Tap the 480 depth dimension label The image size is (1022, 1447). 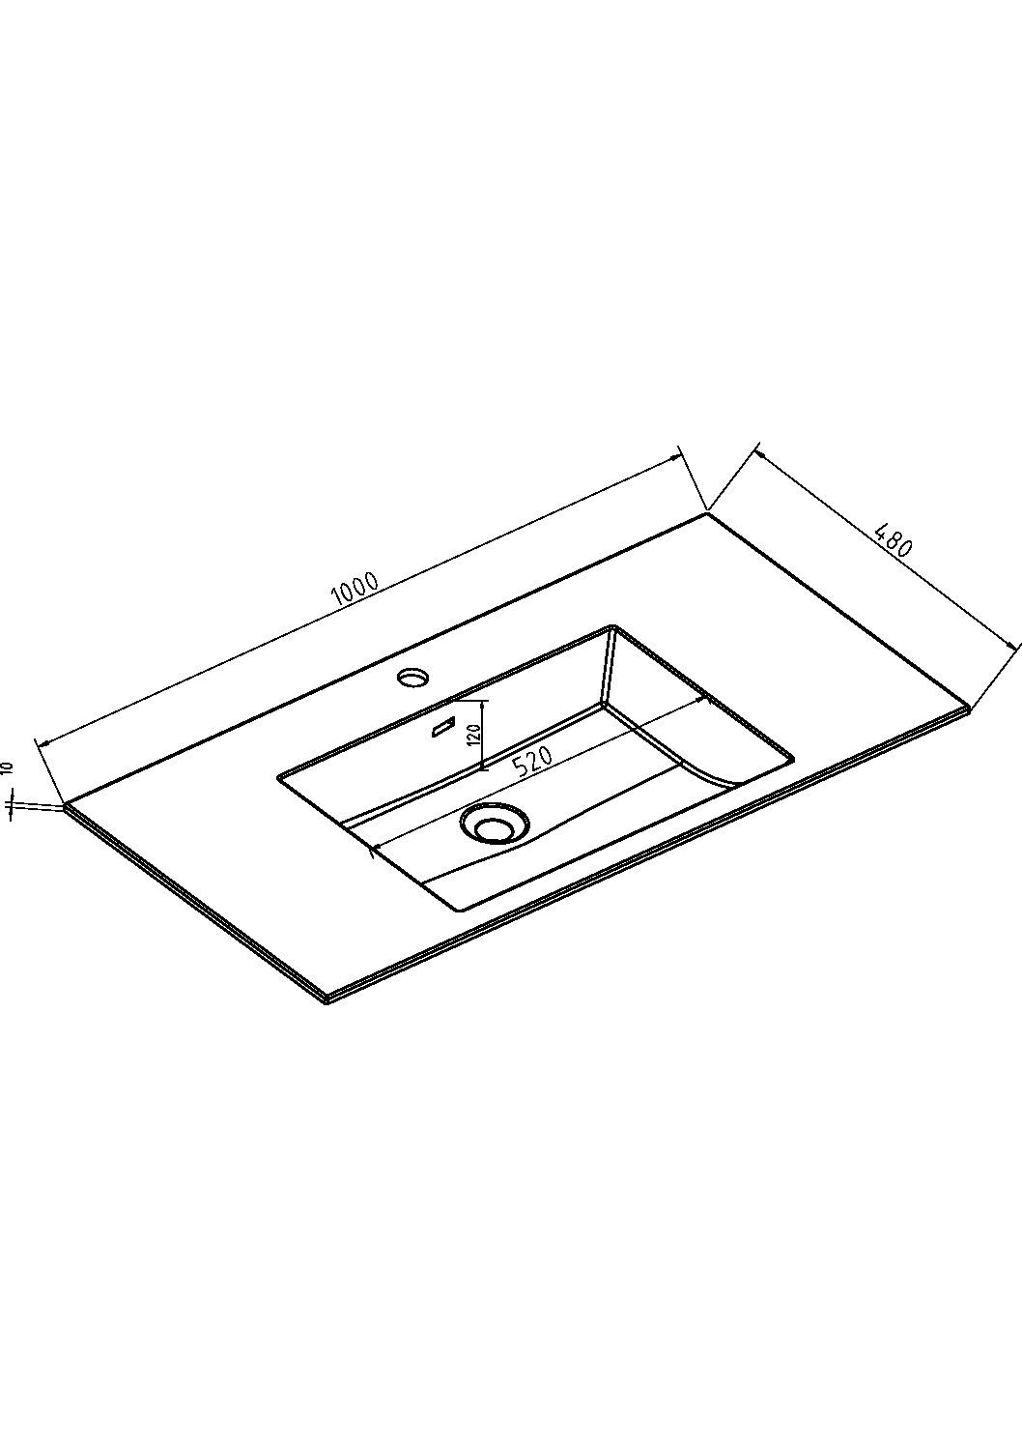pyautogui.click(x=894, y=539)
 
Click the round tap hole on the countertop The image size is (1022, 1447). pyautogui.click(x=413, y=677)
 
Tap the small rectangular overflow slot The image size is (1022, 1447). pyautogui.click(x=444, y=726)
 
